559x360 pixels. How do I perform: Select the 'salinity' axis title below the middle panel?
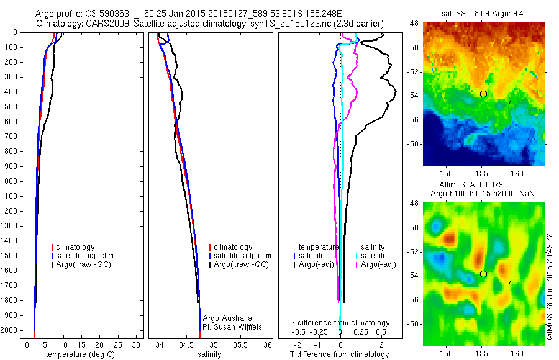point(208,354)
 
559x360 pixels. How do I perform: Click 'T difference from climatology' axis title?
point(339,354)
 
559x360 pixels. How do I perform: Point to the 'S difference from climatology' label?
point(340,323)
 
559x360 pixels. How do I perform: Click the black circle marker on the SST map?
point(483,94)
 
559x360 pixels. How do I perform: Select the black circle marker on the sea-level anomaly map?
point(483,274)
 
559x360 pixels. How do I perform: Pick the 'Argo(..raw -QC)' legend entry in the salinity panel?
point(240,264)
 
